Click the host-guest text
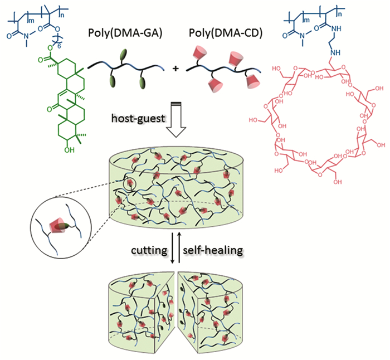click(x=137, y=120)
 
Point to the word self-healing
click(x=212, y=251)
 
